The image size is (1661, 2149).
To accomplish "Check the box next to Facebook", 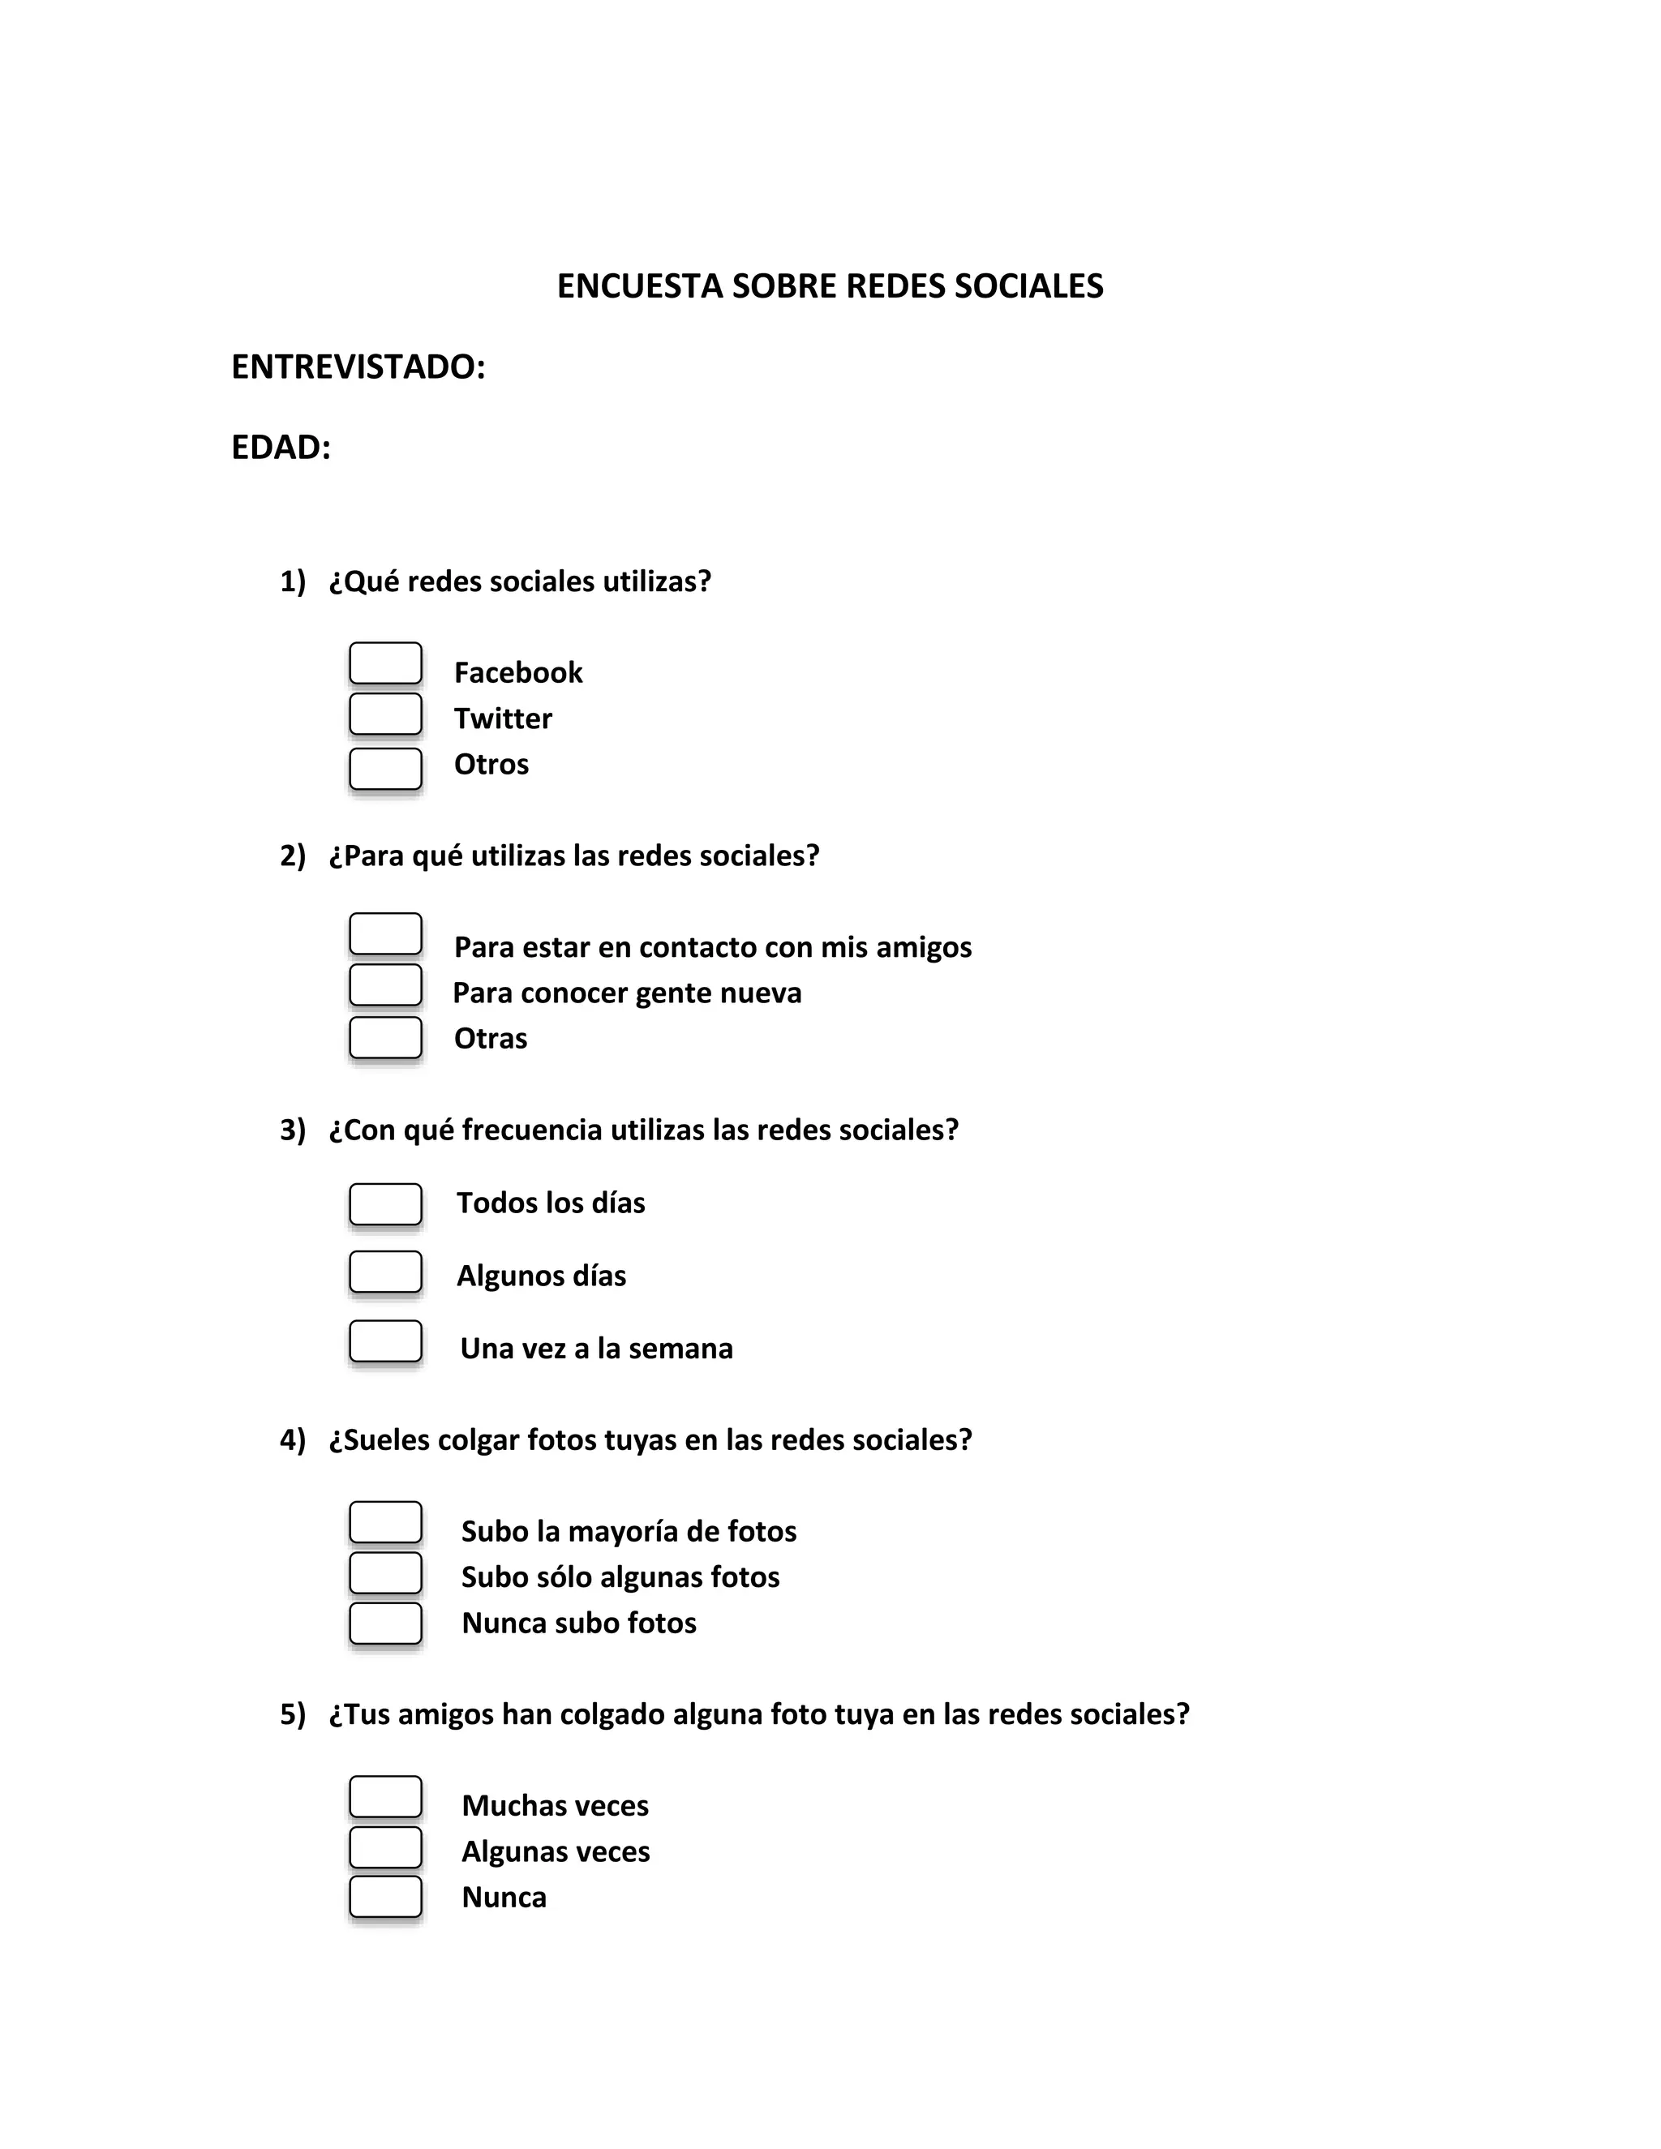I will [386, 663].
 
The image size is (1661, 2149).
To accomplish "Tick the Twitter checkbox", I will [386, 714].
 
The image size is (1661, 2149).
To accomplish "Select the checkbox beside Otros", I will [386, 769].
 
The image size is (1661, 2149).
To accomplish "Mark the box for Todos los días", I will [386, 1204].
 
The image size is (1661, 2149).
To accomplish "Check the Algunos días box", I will [386, 1272].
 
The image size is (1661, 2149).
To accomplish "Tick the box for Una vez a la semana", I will [386, 1341].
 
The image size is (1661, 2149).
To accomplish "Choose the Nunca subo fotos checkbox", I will [386, 1624].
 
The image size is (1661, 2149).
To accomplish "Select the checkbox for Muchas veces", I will [386, 1797].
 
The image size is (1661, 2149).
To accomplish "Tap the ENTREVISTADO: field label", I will [358, 367].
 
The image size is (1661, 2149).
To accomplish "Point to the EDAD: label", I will [281, 448].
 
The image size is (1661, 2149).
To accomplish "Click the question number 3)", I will [292, 1130].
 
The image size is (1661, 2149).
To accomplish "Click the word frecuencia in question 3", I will [531, 1130].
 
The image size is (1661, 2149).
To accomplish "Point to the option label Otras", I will [490, 1038].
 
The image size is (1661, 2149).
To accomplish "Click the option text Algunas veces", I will [556, 1851].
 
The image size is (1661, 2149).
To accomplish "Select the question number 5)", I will [292, 1714].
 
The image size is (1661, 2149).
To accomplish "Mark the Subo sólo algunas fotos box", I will [386, 1573].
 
